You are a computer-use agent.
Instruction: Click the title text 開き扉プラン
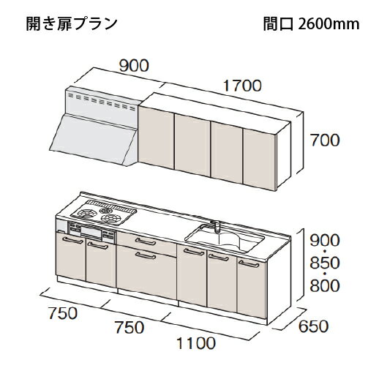click(72, 24)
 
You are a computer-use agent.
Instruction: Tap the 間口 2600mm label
click(311, 24)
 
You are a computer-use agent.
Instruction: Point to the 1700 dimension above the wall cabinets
click(242, 86)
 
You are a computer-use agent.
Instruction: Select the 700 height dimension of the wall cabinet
click(325, 140)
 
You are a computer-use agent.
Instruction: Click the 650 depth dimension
click(314, 326)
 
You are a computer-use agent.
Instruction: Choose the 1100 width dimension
click(196, 343)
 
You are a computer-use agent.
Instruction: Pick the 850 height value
click(325, 263)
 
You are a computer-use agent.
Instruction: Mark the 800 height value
click(325, 285)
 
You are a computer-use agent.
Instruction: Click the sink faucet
click(215, 225)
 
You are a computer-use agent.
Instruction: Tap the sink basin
click(225, 239)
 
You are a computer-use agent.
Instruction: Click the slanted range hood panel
click(94, 140)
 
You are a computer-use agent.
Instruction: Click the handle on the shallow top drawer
click(146, 241)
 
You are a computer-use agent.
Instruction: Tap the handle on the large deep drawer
click(146, 256)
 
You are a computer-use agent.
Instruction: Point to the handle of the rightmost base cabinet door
click(249, 264)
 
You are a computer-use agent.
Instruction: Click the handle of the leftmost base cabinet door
click(73, 241)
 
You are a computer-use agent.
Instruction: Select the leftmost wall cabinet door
click(156, 138)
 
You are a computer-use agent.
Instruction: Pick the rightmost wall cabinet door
click(259, 159)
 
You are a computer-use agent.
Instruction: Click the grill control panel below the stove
click(91, 230)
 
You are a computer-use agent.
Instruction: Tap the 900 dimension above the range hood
click(134, 66)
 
